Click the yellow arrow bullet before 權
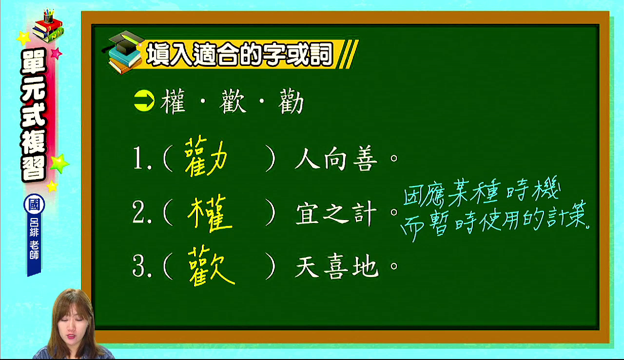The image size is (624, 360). pos(144,101)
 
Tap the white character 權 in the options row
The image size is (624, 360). pos(173,101)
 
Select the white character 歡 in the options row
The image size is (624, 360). pos(233,101)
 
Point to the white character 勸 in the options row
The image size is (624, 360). pos(291,101)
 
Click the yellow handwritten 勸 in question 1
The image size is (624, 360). pos(206,157)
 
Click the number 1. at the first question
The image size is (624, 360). pos(142,159)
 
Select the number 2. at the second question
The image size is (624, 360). pos(142,213)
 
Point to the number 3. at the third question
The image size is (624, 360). pos(142,266)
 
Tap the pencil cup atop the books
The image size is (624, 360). pos(48,16)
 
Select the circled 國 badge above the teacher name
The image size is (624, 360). pos(34,204)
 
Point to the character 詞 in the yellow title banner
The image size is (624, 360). pos(321,54)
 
